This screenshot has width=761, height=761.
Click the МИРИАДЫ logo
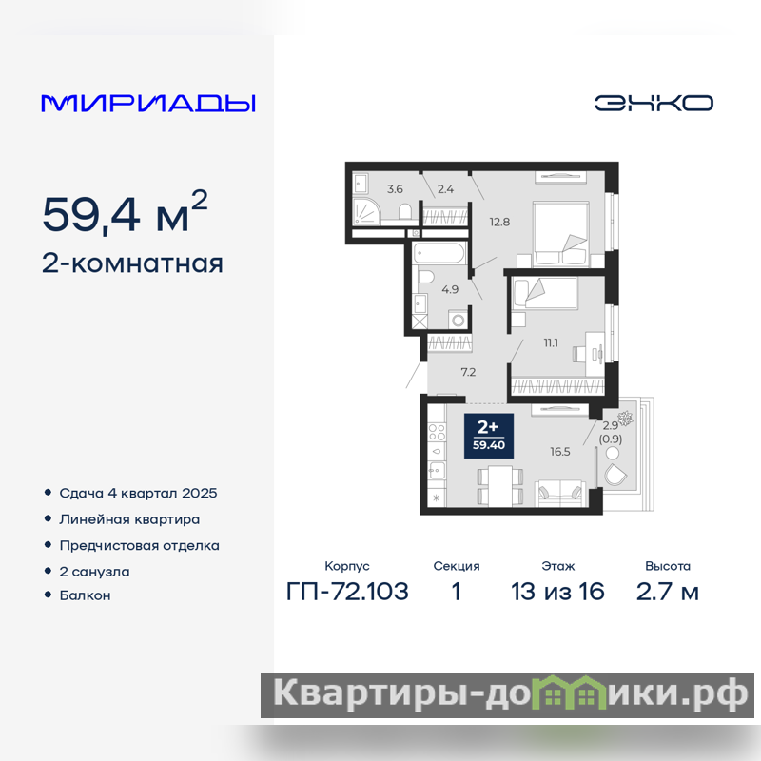point(148,104)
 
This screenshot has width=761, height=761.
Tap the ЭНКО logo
point(654,103)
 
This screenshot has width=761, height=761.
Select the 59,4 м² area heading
point(126,212)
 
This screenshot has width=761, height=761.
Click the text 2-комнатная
point(132,264)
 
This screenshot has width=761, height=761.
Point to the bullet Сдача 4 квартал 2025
point(138,493)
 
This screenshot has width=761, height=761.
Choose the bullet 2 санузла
point(94,572)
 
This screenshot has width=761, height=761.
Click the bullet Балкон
point(85,595)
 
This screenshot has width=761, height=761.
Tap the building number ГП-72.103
point(347,592)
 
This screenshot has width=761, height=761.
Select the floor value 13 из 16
point(557,592)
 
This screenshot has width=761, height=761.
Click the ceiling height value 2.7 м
point(668,592)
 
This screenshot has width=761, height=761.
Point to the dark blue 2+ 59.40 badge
point(489,436)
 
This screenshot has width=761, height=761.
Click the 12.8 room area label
point(499,223)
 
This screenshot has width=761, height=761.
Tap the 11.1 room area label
point(551,343)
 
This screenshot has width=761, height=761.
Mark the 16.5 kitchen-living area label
point(560,452)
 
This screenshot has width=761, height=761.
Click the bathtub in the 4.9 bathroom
point(439,253)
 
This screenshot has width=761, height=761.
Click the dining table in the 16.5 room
point(500,486)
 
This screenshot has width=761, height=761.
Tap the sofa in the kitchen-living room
point(560,493)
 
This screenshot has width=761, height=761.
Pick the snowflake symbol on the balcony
point(624,418)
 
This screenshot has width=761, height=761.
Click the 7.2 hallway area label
point(468,372)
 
